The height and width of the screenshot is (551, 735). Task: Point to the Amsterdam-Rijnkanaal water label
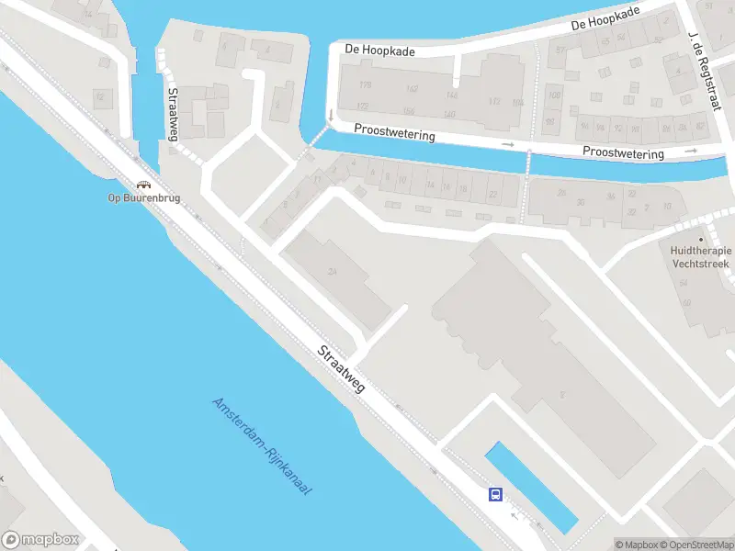click(263, 446)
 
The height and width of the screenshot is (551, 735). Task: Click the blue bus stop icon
click(495, 495)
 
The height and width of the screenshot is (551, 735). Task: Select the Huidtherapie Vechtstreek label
click(701, 255)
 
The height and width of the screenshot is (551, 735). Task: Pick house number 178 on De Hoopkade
click(366, 85)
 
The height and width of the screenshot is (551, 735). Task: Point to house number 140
click(449, 115)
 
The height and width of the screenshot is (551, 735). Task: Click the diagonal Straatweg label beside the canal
click(341, 369)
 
